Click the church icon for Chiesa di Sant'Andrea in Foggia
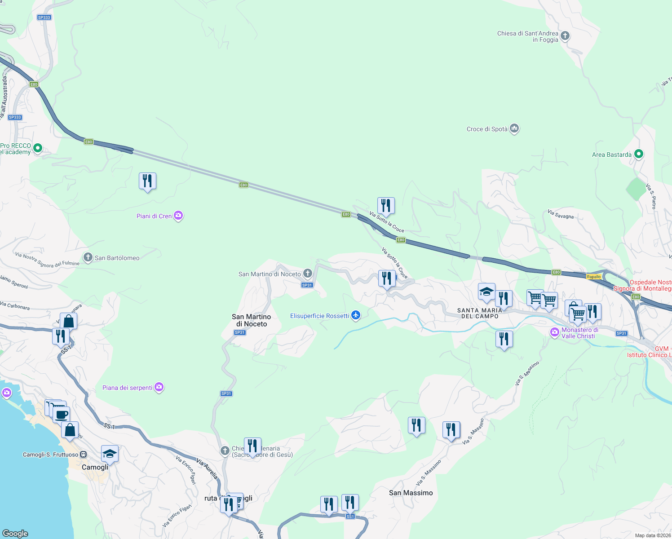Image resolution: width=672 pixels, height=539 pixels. tap(565, 36)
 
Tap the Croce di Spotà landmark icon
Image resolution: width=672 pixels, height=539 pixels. tap(514, 129)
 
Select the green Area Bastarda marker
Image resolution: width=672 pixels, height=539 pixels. tap(638, 155)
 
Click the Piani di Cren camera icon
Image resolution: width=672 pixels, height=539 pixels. tap(178, 216)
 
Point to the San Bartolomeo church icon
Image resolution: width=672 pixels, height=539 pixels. tap(88, 258)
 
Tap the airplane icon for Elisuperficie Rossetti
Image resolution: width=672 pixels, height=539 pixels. tap(356, 315)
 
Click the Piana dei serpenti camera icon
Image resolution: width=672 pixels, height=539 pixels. tap(159, 387)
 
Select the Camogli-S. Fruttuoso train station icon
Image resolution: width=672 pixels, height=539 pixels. tap(84, 455)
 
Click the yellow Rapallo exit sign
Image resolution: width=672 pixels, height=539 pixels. tap(594, 277)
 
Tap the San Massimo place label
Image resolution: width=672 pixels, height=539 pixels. tap(411, 493)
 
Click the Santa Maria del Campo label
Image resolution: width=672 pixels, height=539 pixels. tap(480, 313)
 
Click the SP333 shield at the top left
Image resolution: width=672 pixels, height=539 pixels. tap(44, 18)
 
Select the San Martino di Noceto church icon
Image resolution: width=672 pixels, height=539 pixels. tap(308, 273)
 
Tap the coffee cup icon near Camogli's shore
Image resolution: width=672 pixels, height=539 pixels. tap(62, 415)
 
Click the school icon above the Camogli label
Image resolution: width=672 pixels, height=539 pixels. tap(110, 454)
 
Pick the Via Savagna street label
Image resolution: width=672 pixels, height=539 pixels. tap(561, 214)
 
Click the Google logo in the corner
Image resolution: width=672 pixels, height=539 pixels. tap(15, 533)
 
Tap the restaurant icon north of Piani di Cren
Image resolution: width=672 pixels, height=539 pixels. tap(147, 181)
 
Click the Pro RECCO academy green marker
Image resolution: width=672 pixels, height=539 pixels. tap(38, 148)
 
